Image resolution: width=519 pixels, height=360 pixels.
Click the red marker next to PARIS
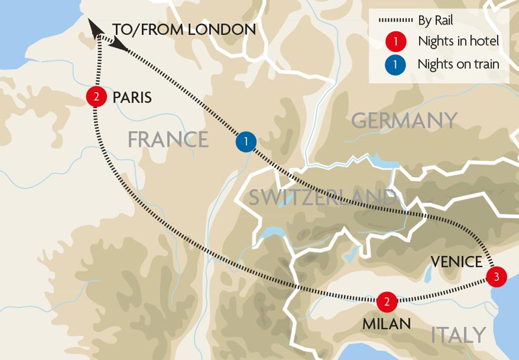[96, 97]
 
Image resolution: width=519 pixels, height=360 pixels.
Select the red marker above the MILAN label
[386, 301]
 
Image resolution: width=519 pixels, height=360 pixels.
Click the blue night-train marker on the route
[246, 141]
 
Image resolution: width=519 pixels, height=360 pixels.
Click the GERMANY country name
[404, 121]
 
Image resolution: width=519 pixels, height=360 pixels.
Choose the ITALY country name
[458, 335]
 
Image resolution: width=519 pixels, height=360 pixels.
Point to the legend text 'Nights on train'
[459, 64]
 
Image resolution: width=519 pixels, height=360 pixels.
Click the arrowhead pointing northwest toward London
[95, 28]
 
